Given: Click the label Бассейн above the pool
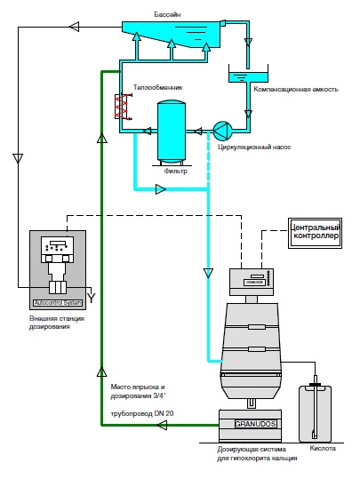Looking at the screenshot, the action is tap(167, 14).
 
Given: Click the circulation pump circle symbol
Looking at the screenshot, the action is tap(223, 130).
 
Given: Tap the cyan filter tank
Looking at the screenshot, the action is tap(172, 131).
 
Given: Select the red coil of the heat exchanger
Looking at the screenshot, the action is tap(121, 108).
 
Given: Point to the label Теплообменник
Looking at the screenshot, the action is tap(158, 87).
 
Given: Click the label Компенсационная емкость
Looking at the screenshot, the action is tap(296, 90).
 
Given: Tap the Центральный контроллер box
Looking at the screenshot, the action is tap(315, 233).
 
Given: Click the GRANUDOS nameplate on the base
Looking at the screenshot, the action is tap(255, 424).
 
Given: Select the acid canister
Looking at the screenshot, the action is tap(315, 413).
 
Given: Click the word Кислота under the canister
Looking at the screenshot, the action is tap(323, 448).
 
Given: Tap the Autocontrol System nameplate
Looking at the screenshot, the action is tap(58, 303).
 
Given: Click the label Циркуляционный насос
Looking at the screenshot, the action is tap(254, 147).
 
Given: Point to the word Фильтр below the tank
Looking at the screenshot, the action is tap(176, 172).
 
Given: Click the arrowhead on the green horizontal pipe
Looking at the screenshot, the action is tap(161, 425).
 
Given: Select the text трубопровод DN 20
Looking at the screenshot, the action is tap(142, 414).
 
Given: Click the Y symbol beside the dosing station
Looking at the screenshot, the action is tap(91, 299).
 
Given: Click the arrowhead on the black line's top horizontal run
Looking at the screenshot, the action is tap(74, 27).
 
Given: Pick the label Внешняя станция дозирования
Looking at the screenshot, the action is tap(57, 323).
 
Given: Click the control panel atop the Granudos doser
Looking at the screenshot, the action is tap(252, 282).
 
